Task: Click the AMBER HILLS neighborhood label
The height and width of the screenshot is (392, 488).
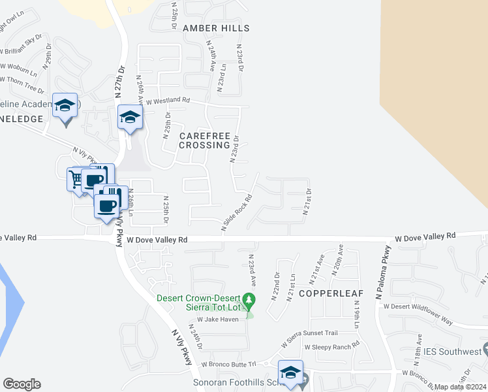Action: (x=207, y=28)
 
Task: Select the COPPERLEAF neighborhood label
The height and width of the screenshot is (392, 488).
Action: (x=325, y=294)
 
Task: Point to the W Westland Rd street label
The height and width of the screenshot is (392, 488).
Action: (x=167, y=101)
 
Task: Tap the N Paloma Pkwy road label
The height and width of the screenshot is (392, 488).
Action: (x=382, y=272)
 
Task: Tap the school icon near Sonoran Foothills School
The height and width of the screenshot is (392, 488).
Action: (x=290, y=372)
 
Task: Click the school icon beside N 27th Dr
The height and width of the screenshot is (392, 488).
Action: (x=130, y=118)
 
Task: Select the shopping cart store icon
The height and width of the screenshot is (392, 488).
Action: (x=77, y=178)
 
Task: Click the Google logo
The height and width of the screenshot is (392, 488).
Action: (x=22, y=384)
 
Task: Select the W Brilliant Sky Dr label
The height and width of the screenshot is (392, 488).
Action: (x=23, y=46)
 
